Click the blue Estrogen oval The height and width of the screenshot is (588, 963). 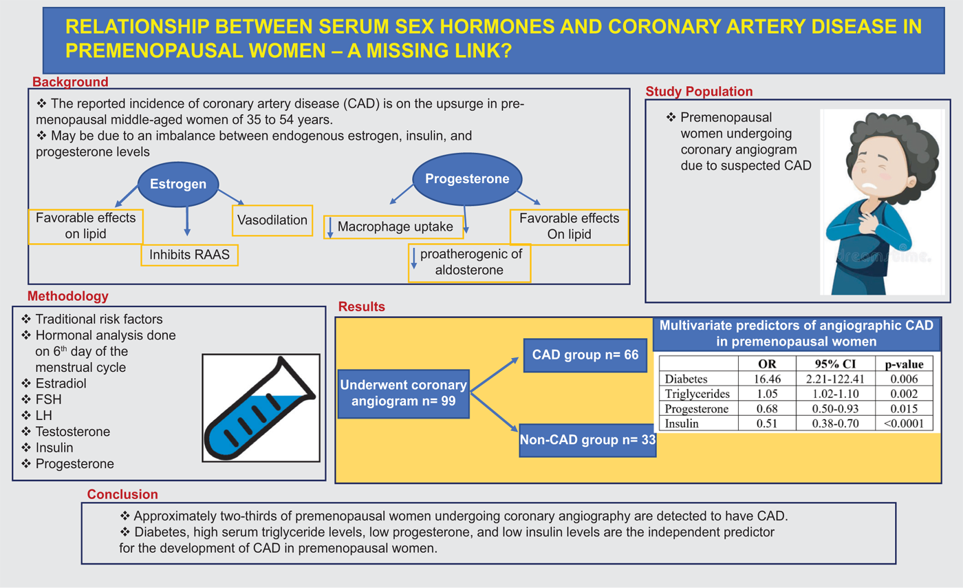pyautogui.click(x=178, y=185)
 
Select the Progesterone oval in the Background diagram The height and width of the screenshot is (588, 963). pyautogui.click(x=467, y=178)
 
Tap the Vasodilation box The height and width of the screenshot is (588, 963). pyautogui.click(x=272, y=220)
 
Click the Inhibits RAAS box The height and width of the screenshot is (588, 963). pyautogui.click(x=190, y=255)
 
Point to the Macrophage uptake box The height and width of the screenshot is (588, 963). pyautogui.click(x=393, y=227)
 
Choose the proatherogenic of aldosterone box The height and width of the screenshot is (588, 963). pyautogui.click(x=469, y=262)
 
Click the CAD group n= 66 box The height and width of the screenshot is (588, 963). pyautogui.click(x=585, y=355)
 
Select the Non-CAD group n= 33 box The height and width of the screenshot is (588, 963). pyautogui.click(x=587, y=440)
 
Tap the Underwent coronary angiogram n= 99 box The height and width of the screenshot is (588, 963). pyautogui.click(x=403, y=393)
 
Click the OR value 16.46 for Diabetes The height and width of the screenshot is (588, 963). pyautogui.click(x=767, y=379)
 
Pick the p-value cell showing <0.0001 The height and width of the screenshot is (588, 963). pyautogui.click(x=904, y=423)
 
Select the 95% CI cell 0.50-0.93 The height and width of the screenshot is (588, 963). pyautogui.click(x=835, y=408)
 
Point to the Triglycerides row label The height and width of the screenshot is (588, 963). pyautogui.click(x=697, y=394)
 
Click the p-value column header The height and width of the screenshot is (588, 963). pyautogui.click(x=904, y=364)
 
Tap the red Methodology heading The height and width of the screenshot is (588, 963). pyautogui.click(x=68, y=296)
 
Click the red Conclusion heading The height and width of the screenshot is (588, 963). pyautogui.click(x=122, y=494)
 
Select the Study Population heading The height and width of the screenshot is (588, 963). pyautogui.click(x=699, y=92)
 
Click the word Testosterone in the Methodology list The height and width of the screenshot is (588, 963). pyautogui.click(x=73, y=432)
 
